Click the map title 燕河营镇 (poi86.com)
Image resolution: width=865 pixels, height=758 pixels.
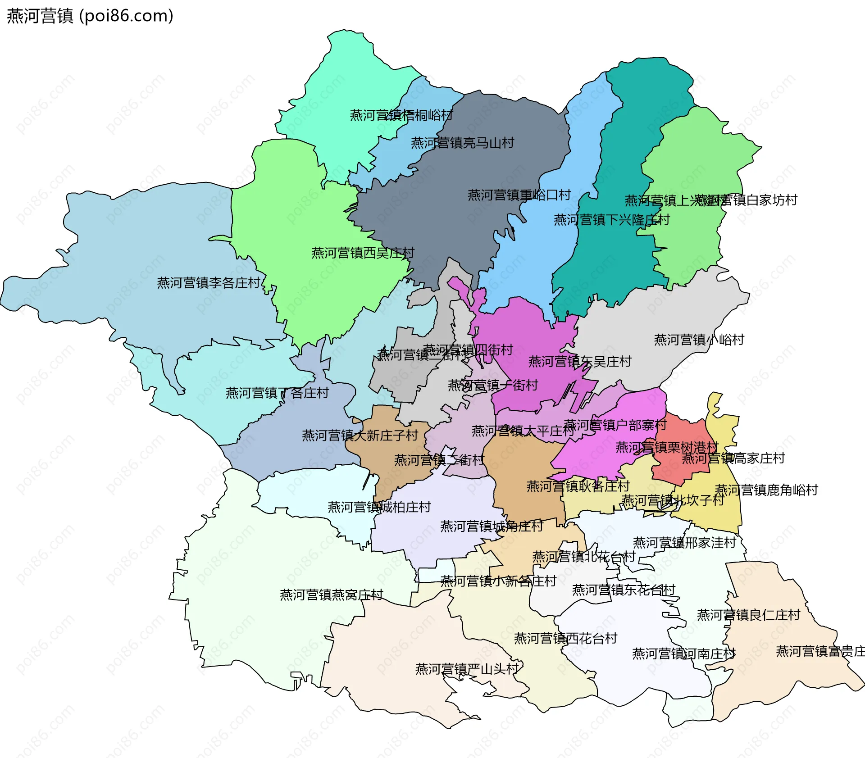coord(90,16)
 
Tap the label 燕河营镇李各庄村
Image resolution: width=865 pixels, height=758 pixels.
coord(209,283)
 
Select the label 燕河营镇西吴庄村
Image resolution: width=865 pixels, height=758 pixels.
coord(363,253)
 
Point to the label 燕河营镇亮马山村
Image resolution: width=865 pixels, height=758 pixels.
coord(462,143)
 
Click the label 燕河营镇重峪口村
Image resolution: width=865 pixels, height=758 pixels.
coord(519,195)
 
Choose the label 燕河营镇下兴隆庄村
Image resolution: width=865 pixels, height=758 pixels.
coord(611,220)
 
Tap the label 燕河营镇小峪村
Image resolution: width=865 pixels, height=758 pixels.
coord(699,340)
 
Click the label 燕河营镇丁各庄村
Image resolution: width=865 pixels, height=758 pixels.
coord(277,393)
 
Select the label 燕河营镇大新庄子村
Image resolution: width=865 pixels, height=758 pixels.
coord(360,436)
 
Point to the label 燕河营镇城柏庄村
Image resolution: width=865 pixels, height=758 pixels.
coord(379,507)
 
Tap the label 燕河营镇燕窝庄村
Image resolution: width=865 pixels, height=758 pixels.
coord(331,595)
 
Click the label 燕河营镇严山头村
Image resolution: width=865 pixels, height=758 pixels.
coord(467,669)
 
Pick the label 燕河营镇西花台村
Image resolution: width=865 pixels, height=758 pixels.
coord(565,639)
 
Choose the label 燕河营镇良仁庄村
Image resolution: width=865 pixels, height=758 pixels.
coord(748,615)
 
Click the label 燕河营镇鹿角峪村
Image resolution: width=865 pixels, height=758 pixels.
coord(766,490)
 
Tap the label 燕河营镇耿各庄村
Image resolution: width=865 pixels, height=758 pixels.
coord(578,486)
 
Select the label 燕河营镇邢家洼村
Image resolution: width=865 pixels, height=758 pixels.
coord(684,543)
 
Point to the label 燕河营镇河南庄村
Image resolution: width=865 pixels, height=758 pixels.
coord(683,654)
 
